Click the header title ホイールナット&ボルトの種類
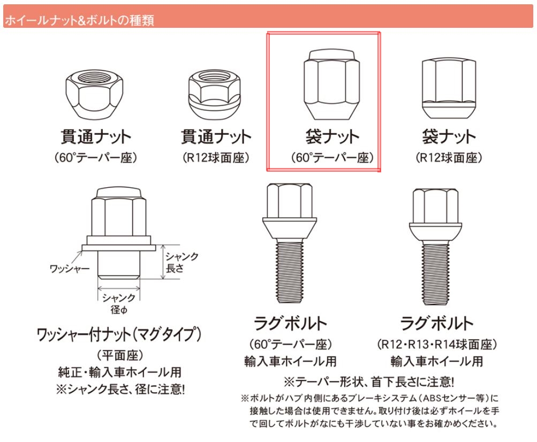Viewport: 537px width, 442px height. pyautogui.click(x=79, y=20)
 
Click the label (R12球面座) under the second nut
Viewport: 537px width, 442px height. pyautogui.click(x=216, y=157)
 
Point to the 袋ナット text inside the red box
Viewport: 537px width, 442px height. pyautogui.click(x=332, y=136)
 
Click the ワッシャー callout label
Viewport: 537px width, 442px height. pyautogui.click(x=70, y=269)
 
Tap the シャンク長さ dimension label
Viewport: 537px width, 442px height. pyautogui.click(x=182, y=262)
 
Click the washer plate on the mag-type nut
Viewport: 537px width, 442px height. pyautogui.click(x=119, y=248)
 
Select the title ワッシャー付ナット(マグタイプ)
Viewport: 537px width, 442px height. pyautogui.click(x=119, y=334)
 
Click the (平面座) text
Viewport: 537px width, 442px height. pyautogui.click(x=120, y=355)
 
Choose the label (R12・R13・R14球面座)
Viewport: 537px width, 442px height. pyautogui.click(x=437, y=344)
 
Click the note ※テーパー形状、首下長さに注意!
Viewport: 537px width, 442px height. pyautogui.click(x=369, y=382)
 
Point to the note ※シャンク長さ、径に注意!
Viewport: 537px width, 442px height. pyautogui.click(x=120, y=389)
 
